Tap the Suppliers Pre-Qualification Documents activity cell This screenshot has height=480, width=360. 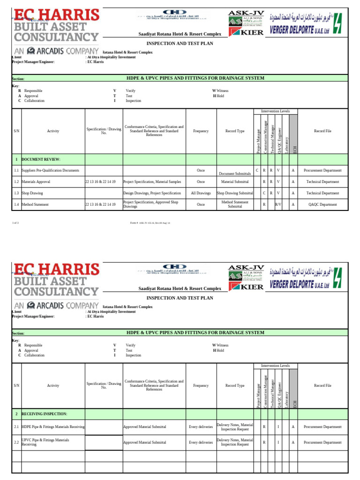click(50, 170)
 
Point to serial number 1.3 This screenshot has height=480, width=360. click(16, 193)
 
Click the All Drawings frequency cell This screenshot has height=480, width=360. click(201, 193)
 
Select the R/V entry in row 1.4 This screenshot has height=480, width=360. click(278, 204)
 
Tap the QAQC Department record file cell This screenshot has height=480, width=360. click(322, 204)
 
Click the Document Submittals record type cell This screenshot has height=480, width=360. click(235, 173)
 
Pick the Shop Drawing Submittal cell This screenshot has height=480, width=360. click(235, 193)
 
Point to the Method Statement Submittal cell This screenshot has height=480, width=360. click(235, 204)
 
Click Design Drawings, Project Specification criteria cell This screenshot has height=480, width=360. click(152, 193)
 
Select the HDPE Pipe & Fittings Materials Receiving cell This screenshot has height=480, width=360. click(53, 427)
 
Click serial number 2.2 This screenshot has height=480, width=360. click(16, 442)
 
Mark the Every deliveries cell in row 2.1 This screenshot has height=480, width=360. click(201, 427)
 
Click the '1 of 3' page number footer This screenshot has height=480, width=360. click(15, 223)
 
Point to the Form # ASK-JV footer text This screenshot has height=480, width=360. click(150, 223)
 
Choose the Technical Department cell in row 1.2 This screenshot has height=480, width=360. click(322, 181)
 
